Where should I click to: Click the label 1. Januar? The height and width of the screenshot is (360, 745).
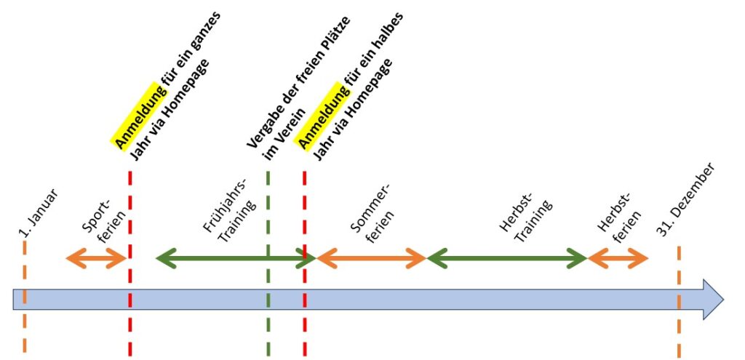pyautogui.click(x=39, y=213)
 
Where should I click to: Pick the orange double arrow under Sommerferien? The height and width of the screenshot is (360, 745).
pyautogui.click(x=370, y=257)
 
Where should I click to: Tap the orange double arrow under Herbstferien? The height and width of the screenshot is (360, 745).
pyautogui.click(x=618, y=257)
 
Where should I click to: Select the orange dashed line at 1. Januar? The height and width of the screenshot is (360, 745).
pyautogui.click(x=25, y=327)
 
